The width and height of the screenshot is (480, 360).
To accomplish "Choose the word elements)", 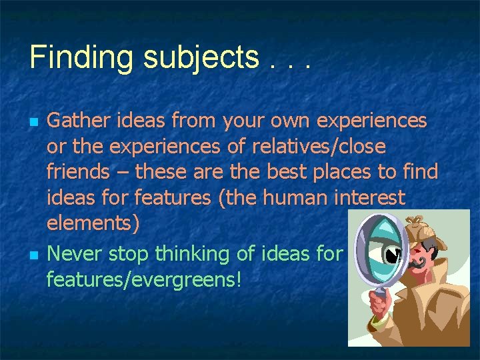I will [x=93, y=223].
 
